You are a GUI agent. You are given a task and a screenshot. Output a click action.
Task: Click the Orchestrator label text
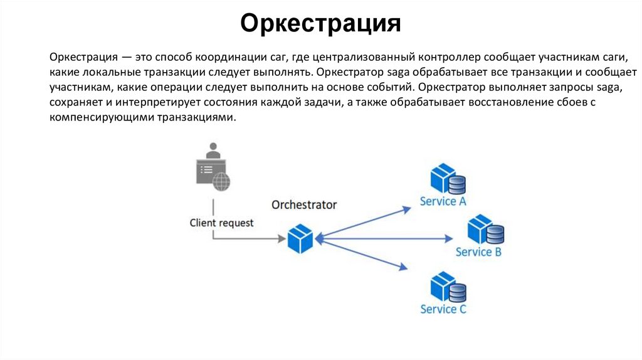pyautogui.click(x=304, y=205)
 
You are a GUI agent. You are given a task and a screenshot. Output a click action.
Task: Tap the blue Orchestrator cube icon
pyautogui.click(x=300, y=239)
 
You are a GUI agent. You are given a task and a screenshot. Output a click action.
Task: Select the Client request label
pyautogui.click(x=222, y=223)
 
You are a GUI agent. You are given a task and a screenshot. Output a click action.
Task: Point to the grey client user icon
pyautogui.click(x=213, y=166)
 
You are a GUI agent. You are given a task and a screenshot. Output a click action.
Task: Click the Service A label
pyautogui.click(x=443, y=201)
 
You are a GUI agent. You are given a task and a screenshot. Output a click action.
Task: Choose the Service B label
pyautogui.click(x=478, y=252)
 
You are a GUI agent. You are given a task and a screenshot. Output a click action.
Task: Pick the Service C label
pyautogui.click(x=443, y=309)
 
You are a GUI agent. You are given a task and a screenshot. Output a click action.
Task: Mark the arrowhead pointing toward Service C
pyautogui.click(x=404, y=268)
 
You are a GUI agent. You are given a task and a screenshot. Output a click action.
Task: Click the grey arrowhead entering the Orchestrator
pyautogui.click(x=281, y=238)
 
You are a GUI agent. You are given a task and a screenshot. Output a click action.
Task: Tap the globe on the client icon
pyautogui.click(x=221, y=182)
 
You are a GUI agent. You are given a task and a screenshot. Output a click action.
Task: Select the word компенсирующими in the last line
pyautogui.click(x=97, y=117)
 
